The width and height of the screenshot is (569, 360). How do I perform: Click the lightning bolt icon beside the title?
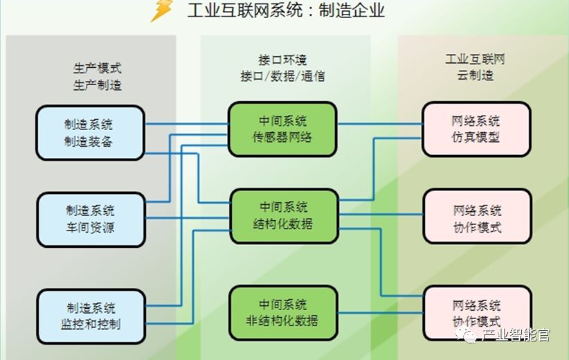(x=162, y=11)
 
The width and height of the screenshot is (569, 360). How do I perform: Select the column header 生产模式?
(x=98, y=68)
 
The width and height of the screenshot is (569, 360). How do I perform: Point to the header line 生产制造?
(x=98, y=85)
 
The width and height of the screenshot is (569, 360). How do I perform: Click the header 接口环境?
(x=282, y=60)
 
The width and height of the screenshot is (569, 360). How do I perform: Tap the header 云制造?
(x=475, y=75)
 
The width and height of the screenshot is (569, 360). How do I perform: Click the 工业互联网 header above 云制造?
(x=475, y=60)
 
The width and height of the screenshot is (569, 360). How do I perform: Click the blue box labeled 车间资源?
(x=91, y=219)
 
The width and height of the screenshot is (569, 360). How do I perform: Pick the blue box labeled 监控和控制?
(x=91, y=316)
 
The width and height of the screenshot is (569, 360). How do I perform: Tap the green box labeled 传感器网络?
(x=282, y=129)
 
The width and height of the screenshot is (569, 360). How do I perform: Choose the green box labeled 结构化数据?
(x=284, y=215)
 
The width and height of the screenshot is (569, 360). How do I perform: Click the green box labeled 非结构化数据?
(x=282, y=312)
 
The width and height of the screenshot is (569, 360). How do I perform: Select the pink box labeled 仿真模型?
(x=476, y=129)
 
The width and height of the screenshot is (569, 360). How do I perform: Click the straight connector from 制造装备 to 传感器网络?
(x=187, y=125)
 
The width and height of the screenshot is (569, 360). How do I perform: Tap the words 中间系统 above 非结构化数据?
(x=282, y=304)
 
